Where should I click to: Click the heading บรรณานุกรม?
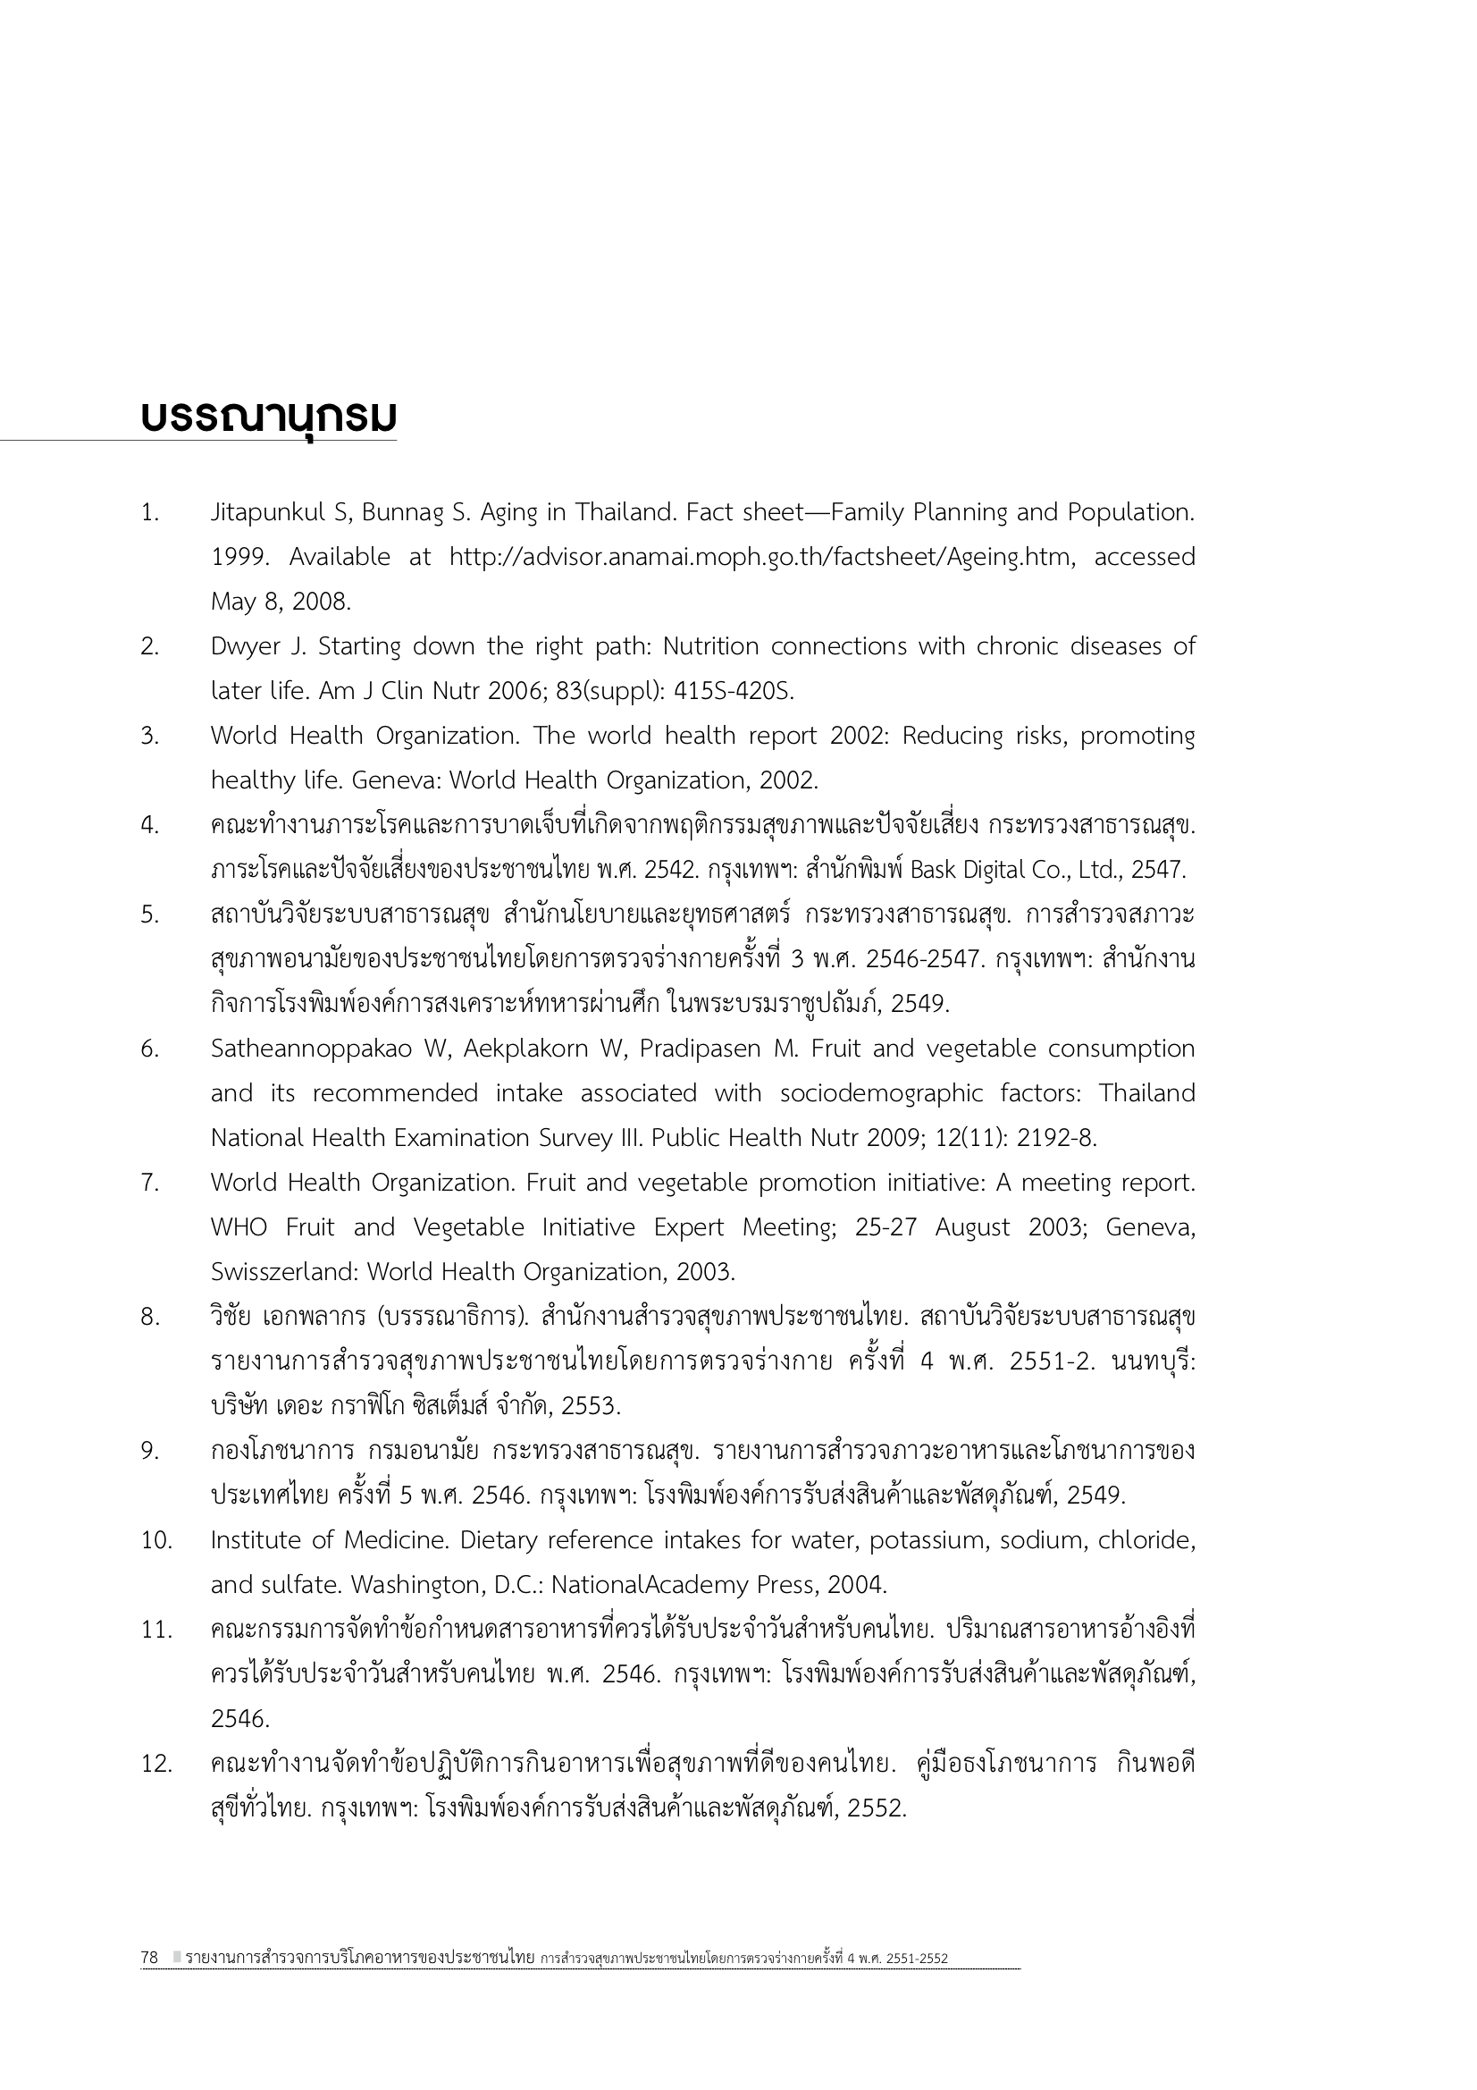pos(268,417)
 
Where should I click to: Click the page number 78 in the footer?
pos(150,1957)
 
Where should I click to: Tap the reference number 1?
pos(149,513)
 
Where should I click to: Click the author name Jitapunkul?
pos(267,513)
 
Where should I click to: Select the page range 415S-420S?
pos(734,692)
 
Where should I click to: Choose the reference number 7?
pos(149,1184)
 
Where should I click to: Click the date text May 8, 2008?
pos(281,603)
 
